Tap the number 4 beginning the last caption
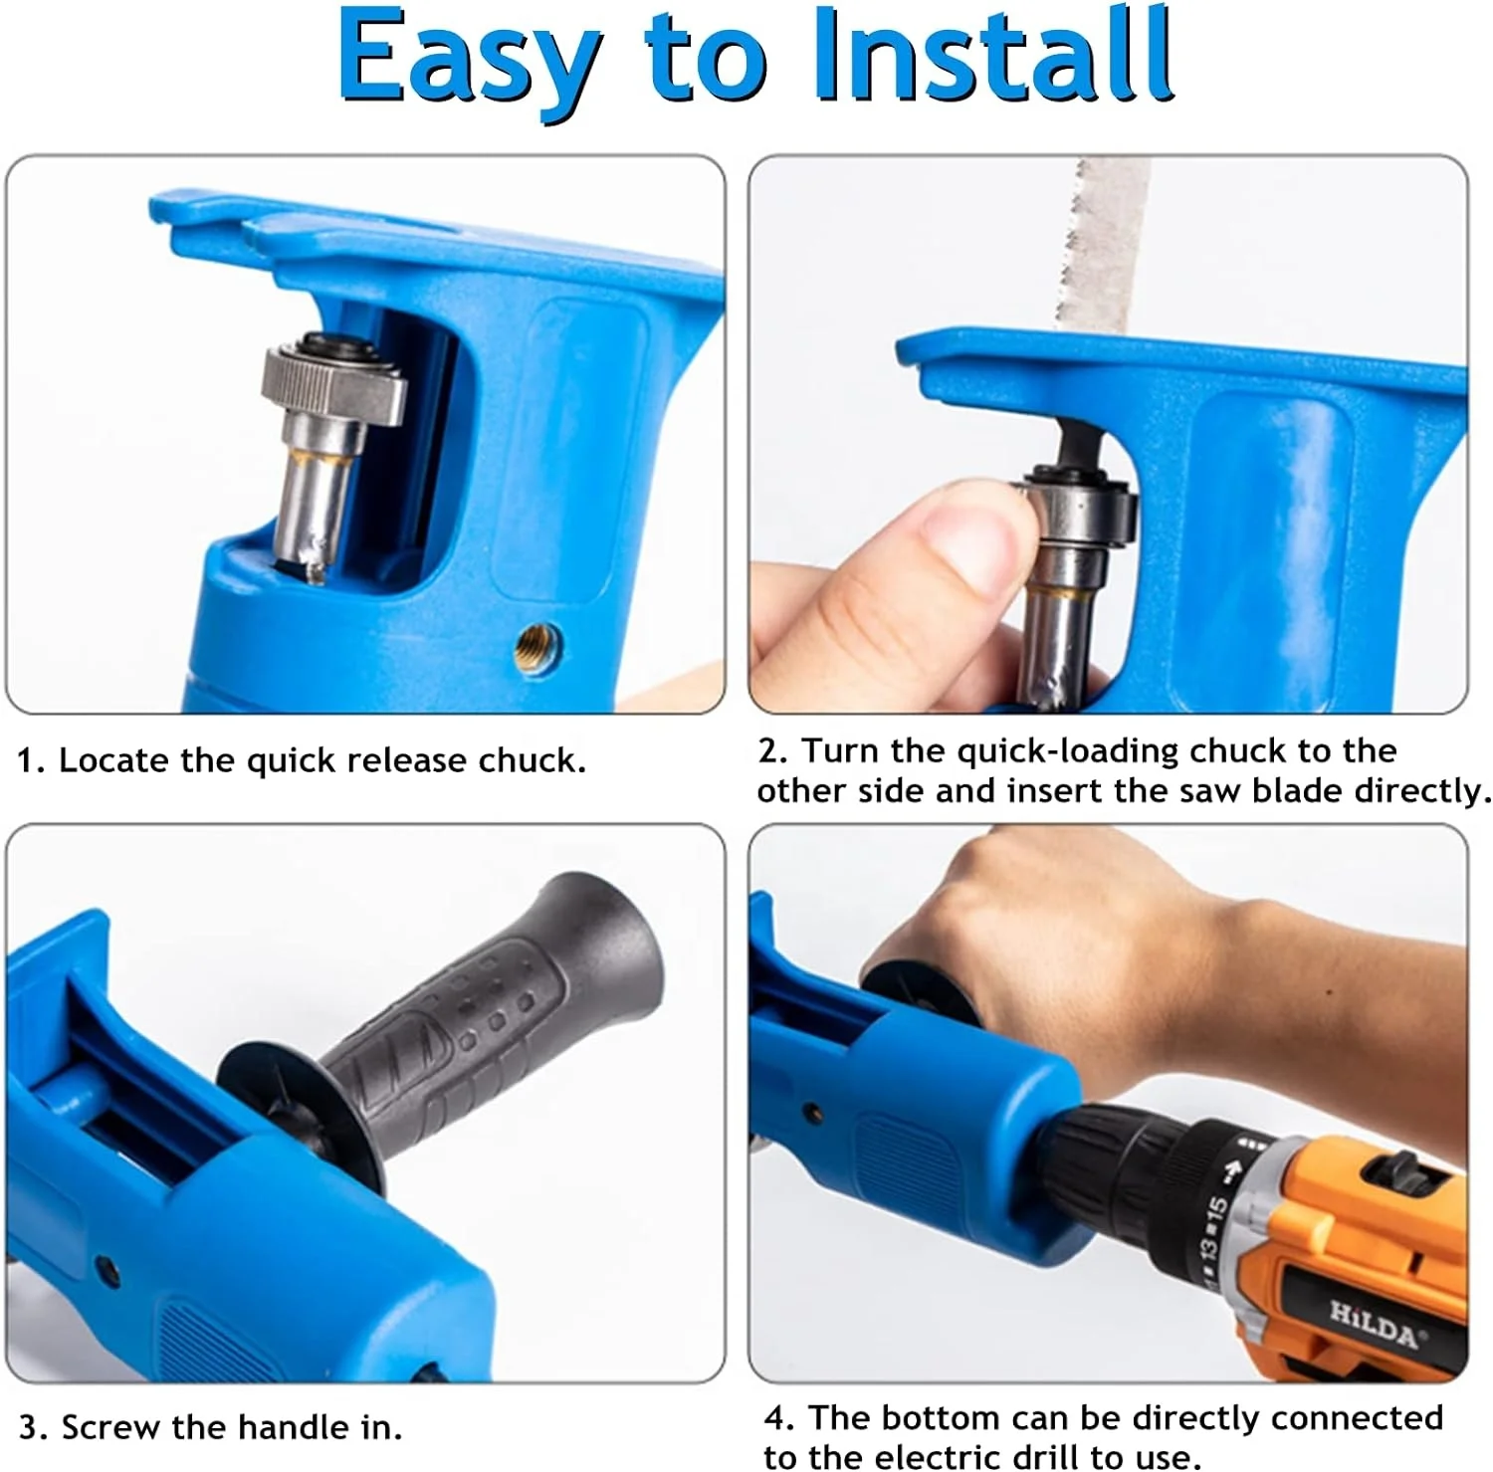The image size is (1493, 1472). pos(775,1417)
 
